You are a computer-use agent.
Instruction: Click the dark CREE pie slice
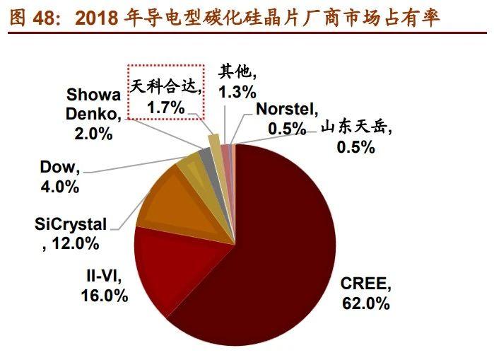click(x=283, y=240)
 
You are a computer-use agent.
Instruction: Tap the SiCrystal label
click(x=71, y=225)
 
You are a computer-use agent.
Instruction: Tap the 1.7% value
click(x=165, y=107)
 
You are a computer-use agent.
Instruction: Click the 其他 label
click(x=233, y=72)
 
